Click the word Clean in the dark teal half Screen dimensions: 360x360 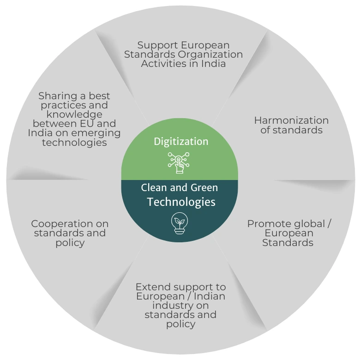click(153, 188)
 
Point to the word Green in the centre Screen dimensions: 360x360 click(204, 188)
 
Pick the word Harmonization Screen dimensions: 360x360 click(291, 120)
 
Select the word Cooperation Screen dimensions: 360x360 click(70, 224)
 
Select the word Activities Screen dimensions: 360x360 click(162, 64)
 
